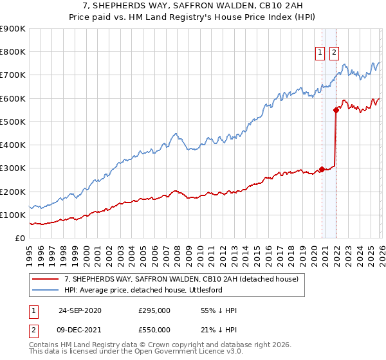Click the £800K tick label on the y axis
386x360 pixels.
point(13,52)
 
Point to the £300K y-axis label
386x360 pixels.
point(13,168)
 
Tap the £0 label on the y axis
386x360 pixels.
point(21,239)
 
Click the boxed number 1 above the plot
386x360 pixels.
point(320,54)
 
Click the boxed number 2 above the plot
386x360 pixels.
point(335,54)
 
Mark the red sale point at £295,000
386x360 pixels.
point(322,170)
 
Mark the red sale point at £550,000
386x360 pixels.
point(336,110)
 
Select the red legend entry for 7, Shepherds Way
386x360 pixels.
point(181,280)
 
